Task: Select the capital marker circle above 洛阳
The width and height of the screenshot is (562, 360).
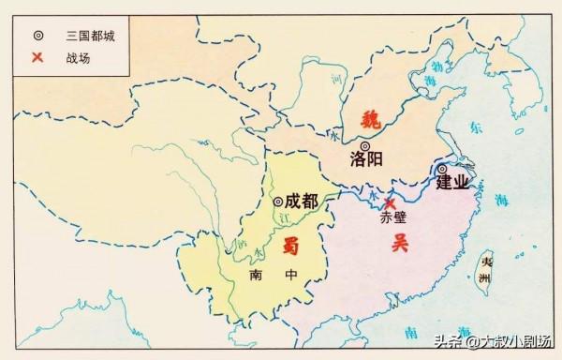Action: (364, 144)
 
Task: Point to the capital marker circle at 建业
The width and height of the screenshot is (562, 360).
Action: (441, 170)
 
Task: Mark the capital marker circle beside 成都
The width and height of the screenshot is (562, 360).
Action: (278, 201)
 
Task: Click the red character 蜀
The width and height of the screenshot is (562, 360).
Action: (289, 246)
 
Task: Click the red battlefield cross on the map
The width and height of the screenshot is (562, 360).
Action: (391, 202)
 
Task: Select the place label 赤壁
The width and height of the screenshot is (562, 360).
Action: (392, 220)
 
